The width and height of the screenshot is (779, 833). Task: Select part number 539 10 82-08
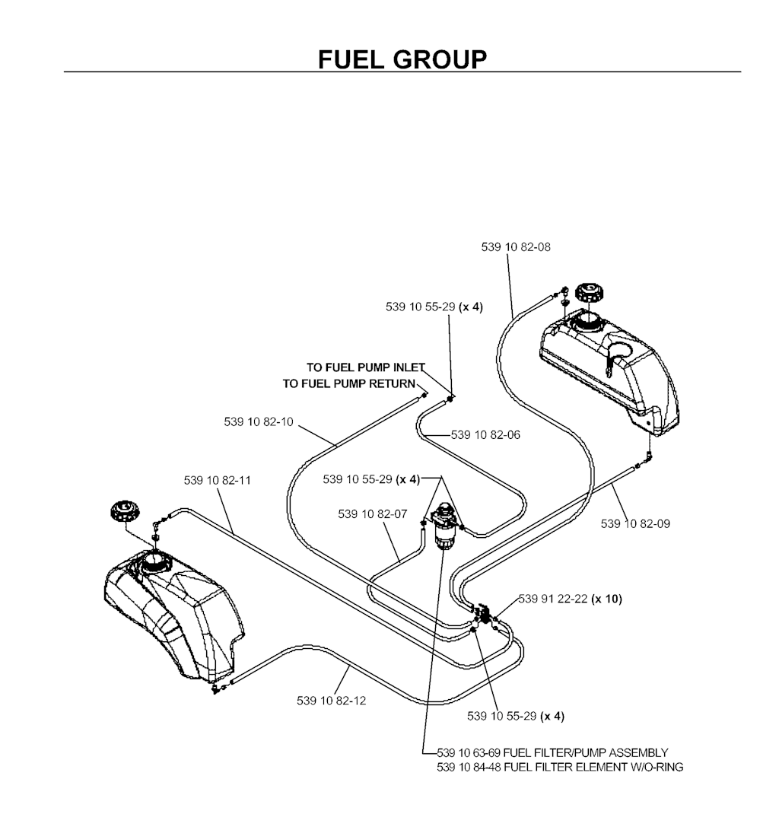coord(517,246)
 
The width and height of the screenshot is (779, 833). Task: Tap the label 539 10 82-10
coord(259,421)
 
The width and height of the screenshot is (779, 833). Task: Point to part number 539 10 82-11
coord(218,480)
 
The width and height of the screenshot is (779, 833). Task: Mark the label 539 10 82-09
coord(635,523)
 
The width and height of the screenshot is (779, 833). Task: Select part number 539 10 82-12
coord(331,700)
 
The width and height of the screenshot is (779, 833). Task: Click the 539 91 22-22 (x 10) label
coord(570,599)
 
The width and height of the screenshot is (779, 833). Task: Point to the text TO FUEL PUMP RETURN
coord(350,383)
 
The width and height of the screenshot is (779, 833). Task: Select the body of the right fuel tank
coord(609,365)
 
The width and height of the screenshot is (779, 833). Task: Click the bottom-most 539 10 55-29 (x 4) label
coord(516,716)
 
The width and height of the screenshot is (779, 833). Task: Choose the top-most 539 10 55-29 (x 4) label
coord(434,307)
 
